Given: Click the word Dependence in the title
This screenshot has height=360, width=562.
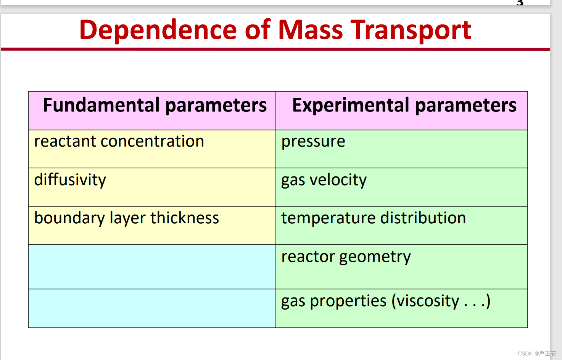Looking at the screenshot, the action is tap(158, 30).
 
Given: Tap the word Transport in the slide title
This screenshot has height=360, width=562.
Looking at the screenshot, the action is tap(411, 31).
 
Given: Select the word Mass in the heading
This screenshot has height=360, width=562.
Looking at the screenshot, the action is tap(311, 30).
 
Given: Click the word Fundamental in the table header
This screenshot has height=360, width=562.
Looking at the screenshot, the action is tap(101, 105).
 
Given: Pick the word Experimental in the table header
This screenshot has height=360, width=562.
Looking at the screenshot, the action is tap(351, 105).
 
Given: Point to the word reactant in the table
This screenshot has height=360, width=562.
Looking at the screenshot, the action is tap(65, 141).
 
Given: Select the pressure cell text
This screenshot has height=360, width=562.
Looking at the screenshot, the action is tap(313, 142).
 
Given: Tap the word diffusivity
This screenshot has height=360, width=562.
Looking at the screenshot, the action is tap(70, 180).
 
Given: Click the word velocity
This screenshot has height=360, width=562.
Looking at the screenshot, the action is tap(338, 180).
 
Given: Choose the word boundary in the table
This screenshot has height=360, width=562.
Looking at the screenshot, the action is tap(69, 218).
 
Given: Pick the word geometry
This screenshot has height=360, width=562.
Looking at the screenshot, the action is tap(375, 257).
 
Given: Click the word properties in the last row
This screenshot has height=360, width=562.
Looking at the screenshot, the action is tap(348, 301).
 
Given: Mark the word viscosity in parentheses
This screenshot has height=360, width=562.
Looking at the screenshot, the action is tap(428, 301).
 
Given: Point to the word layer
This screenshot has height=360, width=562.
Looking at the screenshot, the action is tap(127, 218).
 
